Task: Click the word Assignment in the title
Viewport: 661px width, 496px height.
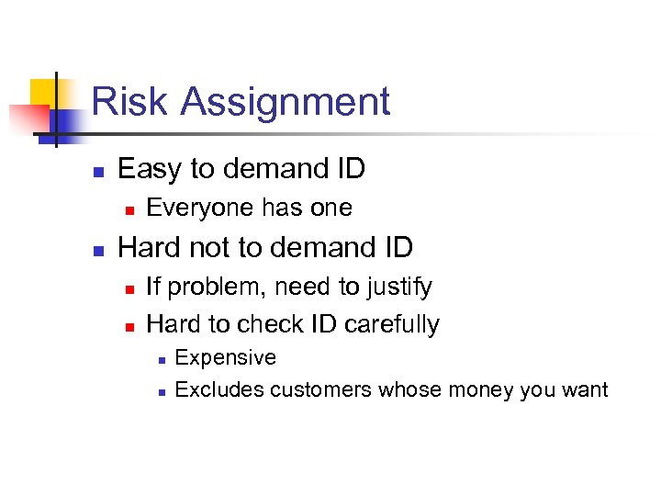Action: pos(286,103)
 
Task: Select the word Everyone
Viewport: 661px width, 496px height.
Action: pos(195,209)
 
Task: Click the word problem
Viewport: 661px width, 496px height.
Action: pos(205,287)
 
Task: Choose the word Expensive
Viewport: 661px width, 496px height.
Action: pos(225,357)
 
